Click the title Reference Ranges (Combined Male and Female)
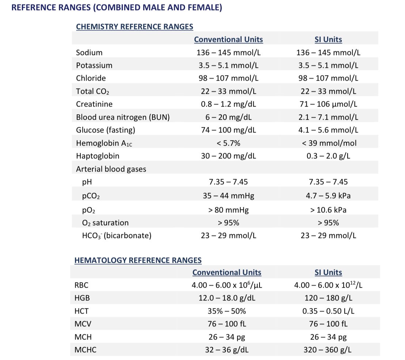[117, 7]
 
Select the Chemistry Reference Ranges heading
[135, 27]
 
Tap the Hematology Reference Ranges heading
[138, 260]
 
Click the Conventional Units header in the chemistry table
[228, 39]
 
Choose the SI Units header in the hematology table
[328, 272]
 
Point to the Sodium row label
[89, 53]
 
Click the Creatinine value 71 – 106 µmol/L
[328, 104]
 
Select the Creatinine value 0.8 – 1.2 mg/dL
[228, 104]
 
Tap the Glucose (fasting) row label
[105, 130]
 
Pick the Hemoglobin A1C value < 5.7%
[228, 143]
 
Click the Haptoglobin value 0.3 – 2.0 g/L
[328, 156]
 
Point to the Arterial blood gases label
[111, 169]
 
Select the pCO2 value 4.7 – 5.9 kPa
[328, 196]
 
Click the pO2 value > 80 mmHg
[228, 210]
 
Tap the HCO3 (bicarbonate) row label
[117, 235]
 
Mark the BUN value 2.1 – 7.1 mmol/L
[328, 117]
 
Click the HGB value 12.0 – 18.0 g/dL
[227, 298]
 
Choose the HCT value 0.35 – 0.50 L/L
[328, 311]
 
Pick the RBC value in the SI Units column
[328, 285]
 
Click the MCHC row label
[85, 350]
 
